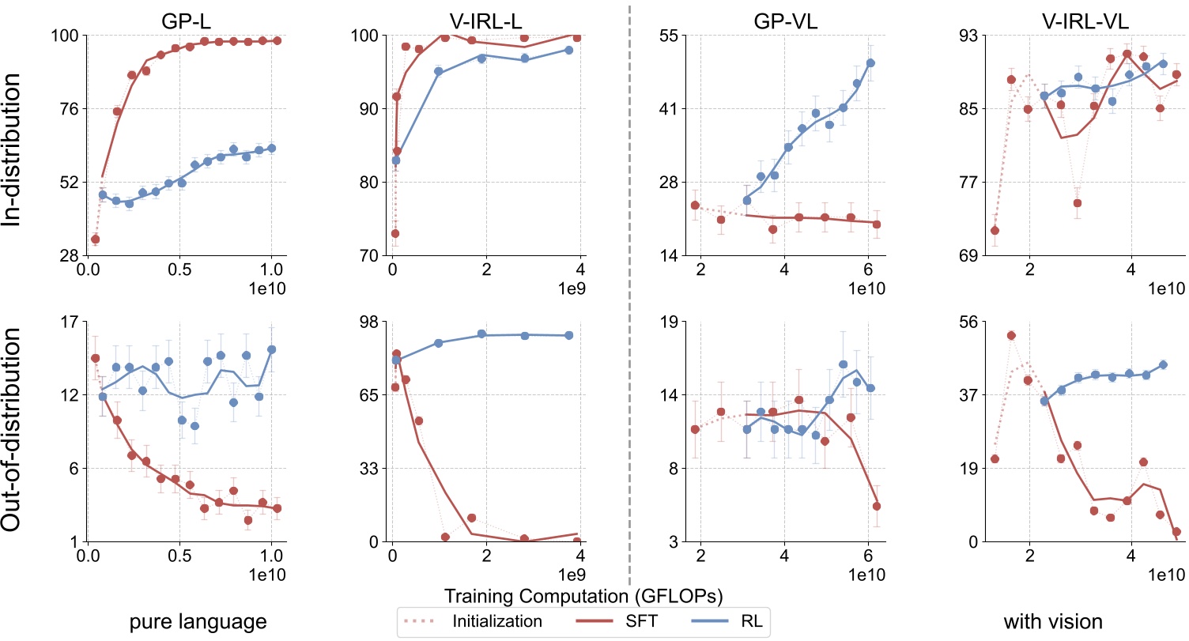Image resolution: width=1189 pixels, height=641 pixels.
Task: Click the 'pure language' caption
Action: point(198,622)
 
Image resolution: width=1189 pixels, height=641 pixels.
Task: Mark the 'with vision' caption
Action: point(1053,622)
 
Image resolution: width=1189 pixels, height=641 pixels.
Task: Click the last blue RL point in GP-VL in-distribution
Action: point(870,62)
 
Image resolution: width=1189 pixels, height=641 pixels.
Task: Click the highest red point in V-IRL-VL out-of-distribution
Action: point(1011,335)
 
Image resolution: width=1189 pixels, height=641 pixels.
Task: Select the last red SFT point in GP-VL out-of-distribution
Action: point(877,506)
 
